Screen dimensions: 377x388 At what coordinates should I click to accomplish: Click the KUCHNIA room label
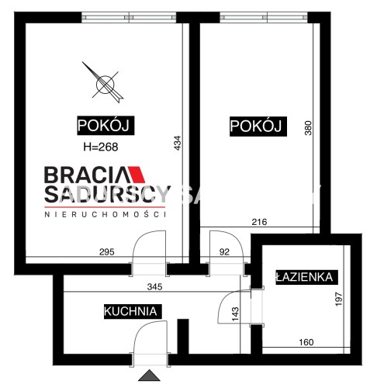tap(133, 311)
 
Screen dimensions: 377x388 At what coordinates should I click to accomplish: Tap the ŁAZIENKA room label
tap(306, 277)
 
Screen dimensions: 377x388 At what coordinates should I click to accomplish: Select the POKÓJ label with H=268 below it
tap(105, 126)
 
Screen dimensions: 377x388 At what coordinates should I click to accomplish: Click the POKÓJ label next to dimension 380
tap(258, 126)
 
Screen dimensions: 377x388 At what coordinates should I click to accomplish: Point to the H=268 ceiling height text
tap(101, 147)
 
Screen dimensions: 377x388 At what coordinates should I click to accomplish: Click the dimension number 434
tap(178, 143)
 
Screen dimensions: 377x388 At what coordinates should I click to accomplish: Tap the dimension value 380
tap(309, 128)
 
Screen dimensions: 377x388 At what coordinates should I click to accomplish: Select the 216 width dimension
tap(259, 222)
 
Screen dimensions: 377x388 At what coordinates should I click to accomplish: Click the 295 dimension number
tap(107, 252)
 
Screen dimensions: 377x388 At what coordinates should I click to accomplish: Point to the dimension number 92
tap(224, 252)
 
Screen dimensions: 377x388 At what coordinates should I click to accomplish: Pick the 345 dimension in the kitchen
tap(154, 286)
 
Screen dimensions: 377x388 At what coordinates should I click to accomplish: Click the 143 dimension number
tap(236, 314)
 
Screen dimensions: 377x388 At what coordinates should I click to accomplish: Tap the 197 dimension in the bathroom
tap(338, 300)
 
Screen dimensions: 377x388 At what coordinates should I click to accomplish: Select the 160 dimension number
tap(306, 342)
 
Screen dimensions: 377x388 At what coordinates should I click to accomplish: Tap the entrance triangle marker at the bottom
tap(149, 376)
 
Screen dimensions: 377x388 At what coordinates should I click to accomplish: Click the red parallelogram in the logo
tap(137, 175)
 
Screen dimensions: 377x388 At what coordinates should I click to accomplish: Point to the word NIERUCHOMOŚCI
tap(105, 214)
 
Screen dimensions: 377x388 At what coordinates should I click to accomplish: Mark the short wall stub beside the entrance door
tap(183, 337)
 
